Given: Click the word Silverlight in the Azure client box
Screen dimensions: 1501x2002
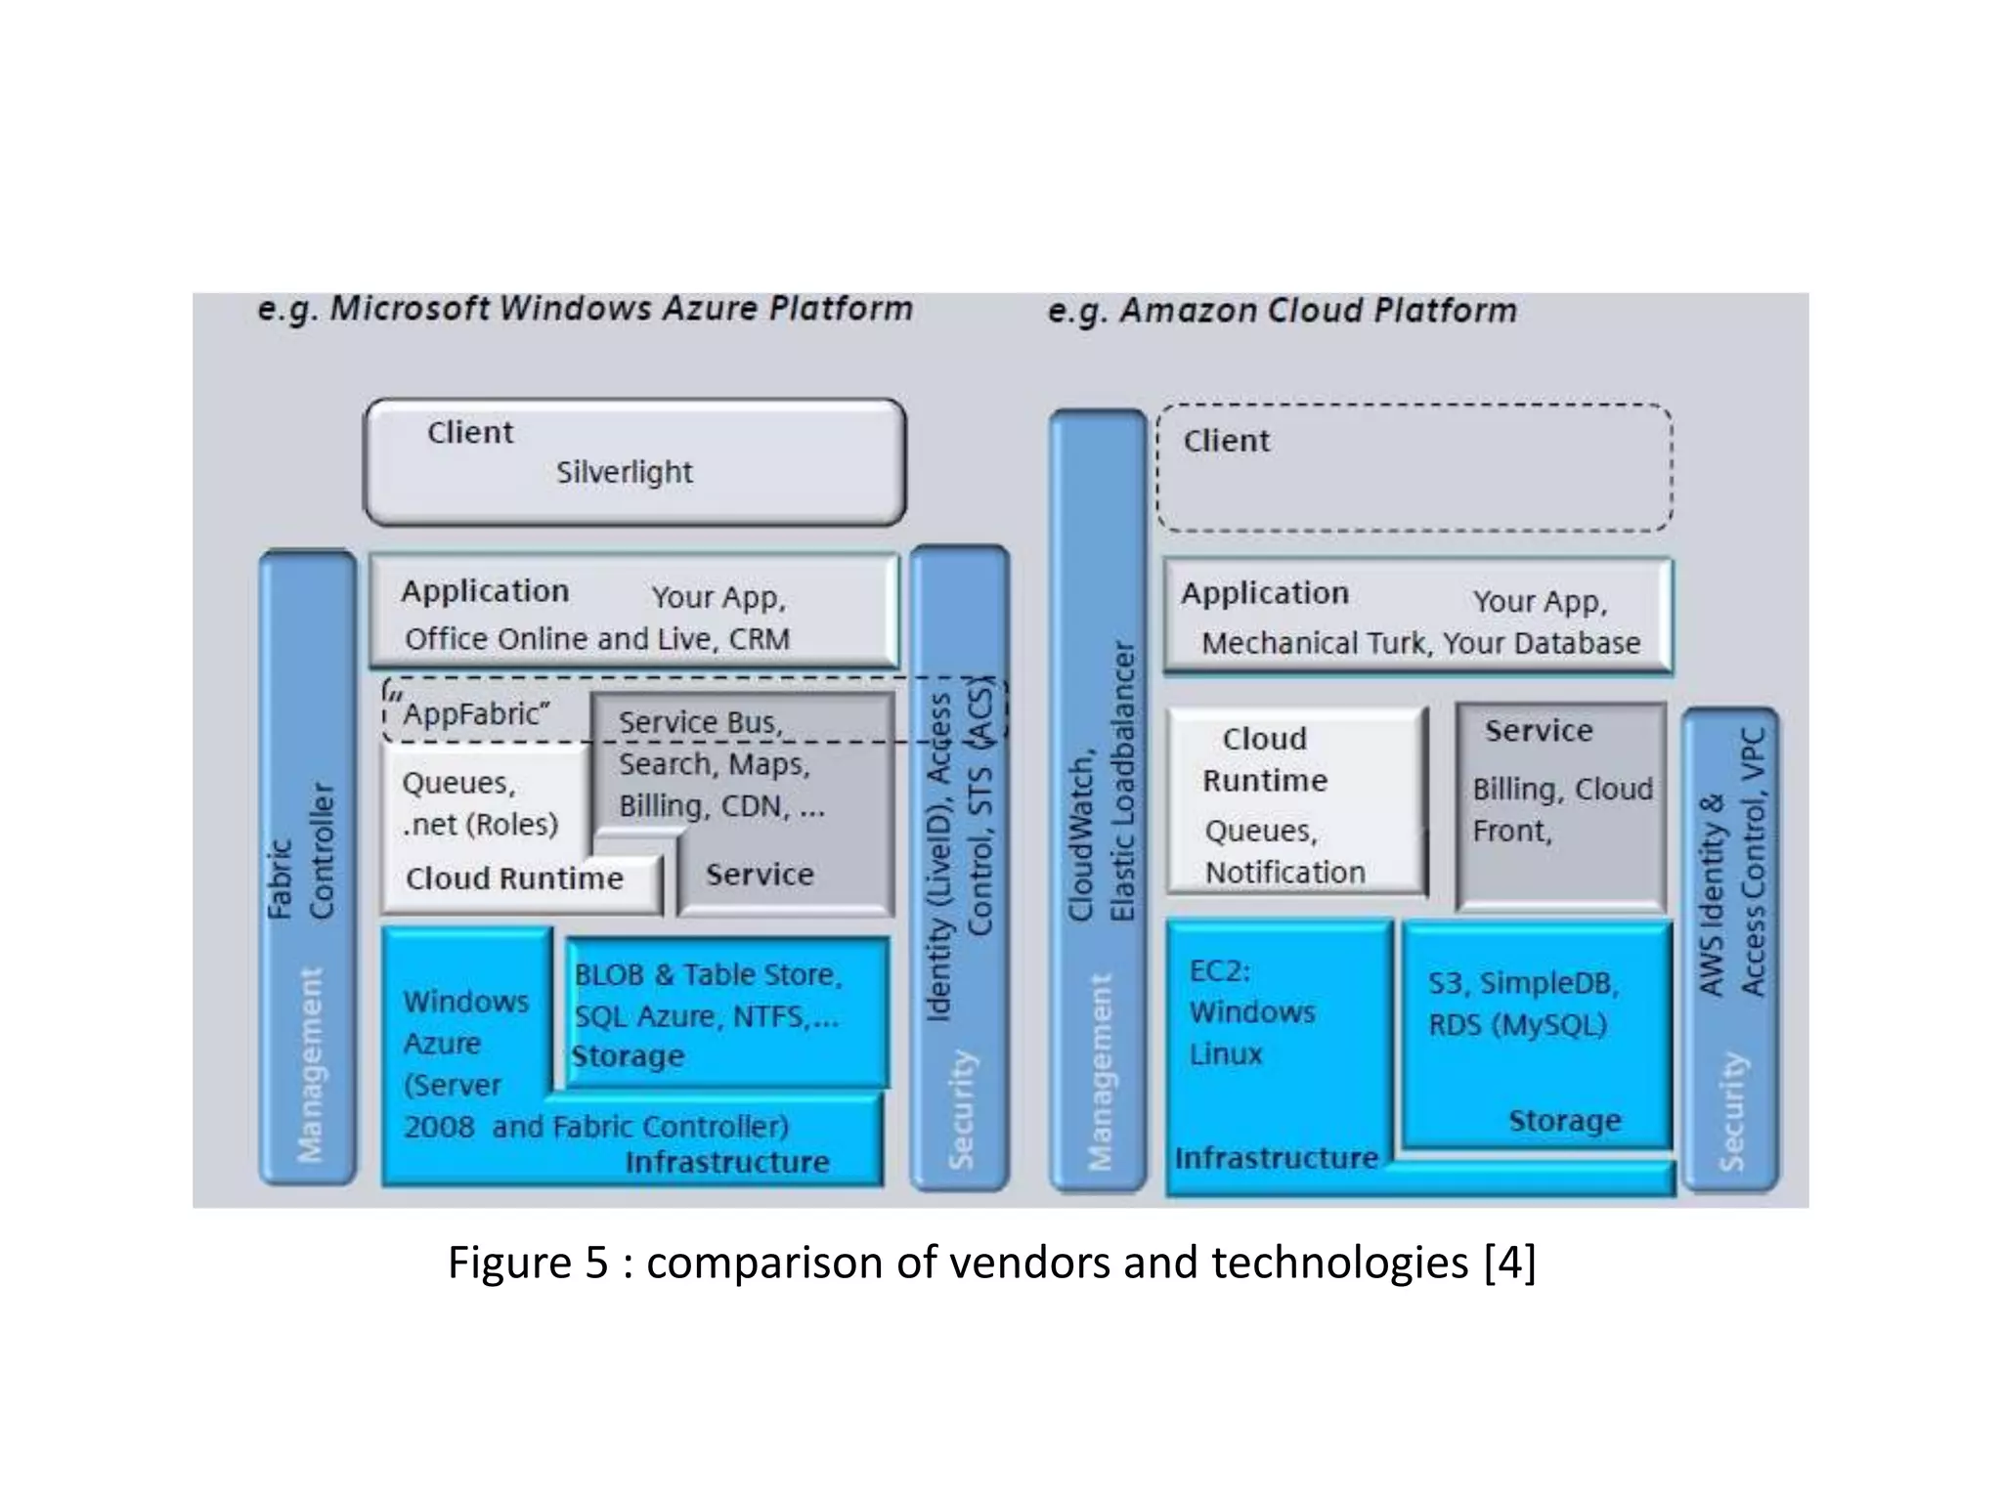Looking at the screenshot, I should tap(624, 472).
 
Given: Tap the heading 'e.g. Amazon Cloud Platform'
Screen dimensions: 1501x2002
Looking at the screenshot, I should tap(1282, 311).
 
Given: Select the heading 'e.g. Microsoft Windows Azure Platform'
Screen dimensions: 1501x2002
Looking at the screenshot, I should tap(585, 309).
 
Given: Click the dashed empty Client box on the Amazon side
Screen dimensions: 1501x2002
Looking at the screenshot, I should tap(1414, 469).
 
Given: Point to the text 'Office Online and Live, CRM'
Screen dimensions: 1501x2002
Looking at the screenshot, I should tap(596, 639).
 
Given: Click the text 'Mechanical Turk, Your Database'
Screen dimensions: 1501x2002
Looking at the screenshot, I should tap(1420, 643).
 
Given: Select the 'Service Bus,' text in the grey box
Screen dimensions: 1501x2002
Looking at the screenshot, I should tap(700, 722).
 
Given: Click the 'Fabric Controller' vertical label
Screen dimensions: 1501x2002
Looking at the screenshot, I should tap(301, 850).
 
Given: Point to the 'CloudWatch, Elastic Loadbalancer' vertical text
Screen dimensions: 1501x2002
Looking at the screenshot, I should tap(1102, 782).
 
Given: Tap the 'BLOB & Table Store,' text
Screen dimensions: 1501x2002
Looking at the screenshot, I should tap(708, 974).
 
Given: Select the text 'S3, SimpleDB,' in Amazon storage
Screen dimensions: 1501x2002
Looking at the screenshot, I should tap(1523, 983).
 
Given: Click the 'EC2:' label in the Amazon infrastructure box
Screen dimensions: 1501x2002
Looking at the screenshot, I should tap(1219, 970).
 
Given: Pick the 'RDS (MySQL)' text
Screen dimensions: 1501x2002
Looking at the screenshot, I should tap(1517, 1025).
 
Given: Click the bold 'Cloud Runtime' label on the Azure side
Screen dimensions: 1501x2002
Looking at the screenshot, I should tap(514, 879).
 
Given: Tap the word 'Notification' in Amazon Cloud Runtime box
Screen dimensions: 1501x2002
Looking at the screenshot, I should tap(1284, 872).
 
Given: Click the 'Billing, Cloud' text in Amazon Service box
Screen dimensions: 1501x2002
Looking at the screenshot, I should tap(1562, 789).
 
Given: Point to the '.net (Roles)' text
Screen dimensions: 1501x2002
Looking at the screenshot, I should tap(480, 825).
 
